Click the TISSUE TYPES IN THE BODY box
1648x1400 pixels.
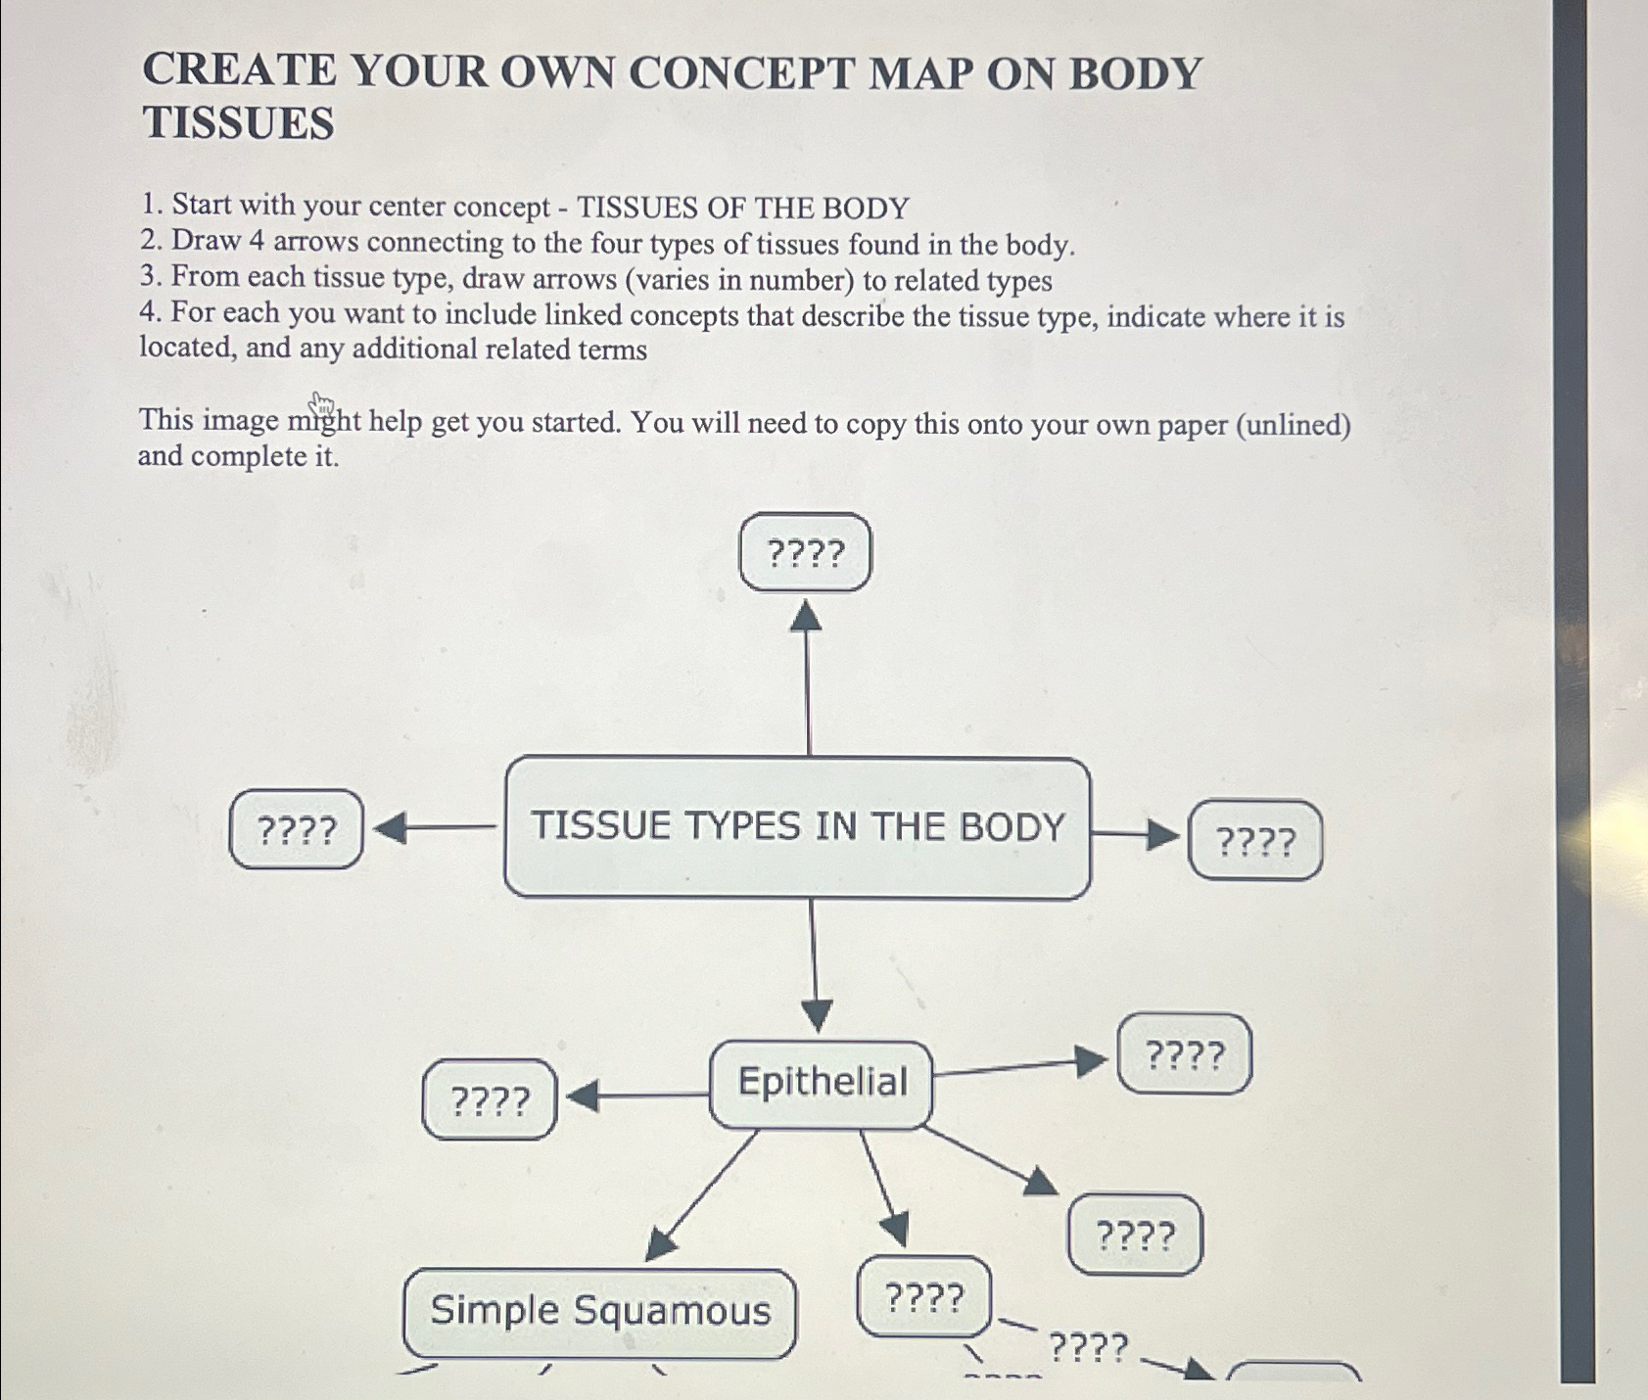(x=797, y=827)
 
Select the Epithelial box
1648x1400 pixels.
(x=821, y=1083)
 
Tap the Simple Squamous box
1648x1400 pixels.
(x=599, y=1312)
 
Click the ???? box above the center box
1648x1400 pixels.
(x=805, y=553)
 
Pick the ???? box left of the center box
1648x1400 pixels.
(x=296, y=830)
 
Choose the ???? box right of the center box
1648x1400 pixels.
(x=1254, y=841)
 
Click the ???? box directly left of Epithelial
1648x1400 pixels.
(x=490, y=1100)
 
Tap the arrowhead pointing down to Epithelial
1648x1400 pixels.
(x=817, y=1015)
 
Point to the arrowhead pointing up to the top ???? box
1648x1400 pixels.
(x=806, y=617)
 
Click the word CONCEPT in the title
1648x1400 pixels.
(x=741, y=73)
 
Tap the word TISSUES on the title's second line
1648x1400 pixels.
(x=239, y=123)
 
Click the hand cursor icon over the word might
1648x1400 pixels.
(x=321, y=404)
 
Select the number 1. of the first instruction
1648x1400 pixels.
(x=151, y=205)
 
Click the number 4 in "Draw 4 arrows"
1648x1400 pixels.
(x=258, y=241)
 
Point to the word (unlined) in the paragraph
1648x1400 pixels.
(x=1293, y=425)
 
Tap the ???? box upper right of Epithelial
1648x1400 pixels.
(x=1184, y=1054)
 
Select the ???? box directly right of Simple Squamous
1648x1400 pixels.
(x=924, y=1298)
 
